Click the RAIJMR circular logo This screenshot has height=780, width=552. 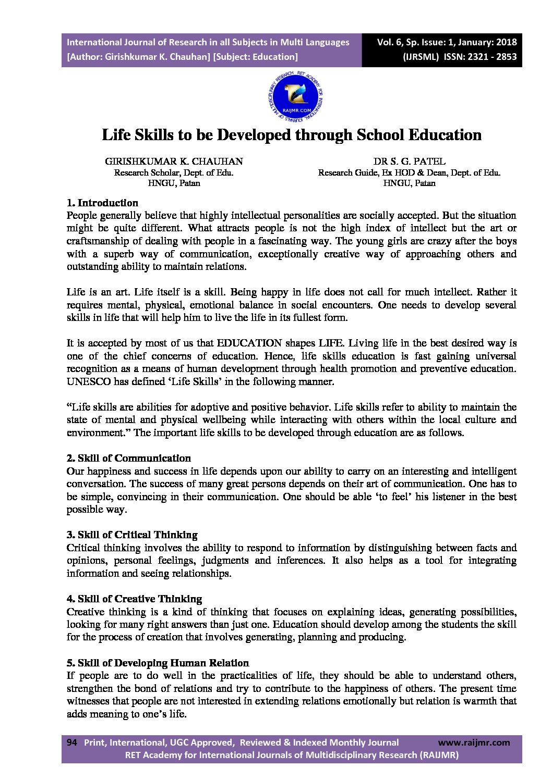pos(295,97)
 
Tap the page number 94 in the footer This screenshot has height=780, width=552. pos(72,742)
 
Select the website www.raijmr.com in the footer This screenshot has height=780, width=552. pos(474,742)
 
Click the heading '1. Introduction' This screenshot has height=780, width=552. pos(102,203)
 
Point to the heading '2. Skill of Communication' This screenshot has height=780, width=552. pos(128,458)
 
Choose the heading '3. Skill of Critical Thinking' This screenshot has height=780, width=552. pos(132,535)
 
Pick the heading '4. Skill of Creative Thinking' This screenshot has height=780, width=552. pos(134,599)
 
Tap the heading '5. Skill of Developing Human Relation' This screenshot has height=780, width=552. pos(158,663)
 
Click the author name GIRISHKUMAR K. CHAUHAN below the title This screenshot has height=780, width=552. pos(174,162)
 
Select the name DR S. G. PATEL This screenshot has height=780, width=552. pos(409,162)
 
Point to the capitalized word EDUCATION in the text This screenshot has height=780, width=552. pos(249,343)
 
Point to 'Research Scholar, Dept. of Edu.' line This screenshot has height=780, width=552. pos(174,173)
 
